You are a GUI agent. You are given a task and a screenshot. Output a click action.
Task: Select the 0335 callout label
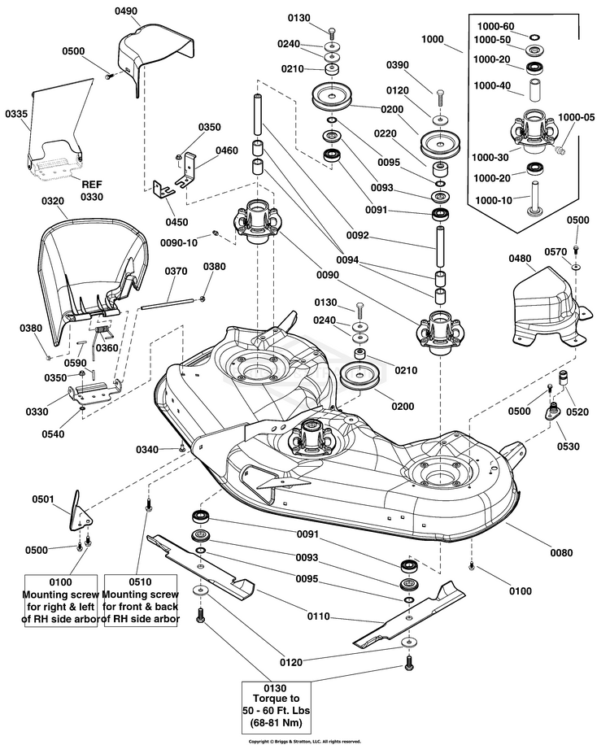(17, 115)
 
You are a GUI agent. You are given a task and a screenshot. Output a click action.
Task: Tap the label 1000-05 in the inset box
(577, 116)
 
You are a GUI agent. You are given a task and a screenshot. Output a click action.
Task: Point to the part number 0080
(561, 553)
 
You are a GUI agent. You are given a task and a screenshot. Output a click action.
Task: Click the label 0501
(43, 499)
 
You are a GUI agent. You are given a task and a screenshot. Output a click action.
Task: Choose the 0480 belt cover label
(521, 259)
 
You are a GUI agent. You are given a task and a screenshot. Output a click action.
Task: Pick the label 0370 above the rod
(176, 272)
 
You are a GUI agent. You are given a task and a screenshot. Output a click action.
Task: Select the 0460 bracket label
(227, 150)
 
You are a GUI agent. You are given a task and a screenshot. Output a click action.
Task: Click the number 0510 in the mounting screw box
(142, 582)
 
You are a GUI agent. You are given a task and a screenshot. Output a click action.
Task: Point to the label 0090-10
(178, 242)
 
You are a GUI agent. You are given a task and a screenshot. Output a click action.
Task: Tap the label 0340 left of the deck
(148, 450)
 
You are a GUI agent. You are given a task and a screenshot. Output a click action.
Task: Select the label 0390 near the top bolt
(397, 64)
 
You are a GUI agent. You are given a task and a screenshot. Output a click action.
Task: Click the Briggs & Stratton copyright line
(304, 741)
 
